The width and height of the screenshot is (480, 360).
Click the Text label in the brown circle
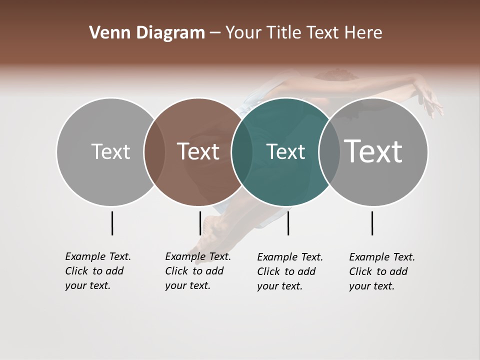pos(198,151)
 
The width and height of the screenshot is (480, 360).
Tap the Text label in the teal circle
pos(285,151)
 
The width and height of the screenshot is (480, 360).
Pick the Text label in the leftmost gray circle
pos(110,151)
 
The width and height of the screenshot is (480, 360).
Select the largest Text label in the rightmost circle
pos(373,151)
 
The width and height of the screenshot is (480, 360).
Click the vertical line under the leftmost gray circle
pos(112,223)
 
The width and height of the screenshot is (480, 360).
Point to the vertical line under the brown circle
pos(200,223)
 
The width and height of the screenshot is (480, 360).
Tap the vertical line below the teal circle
pos(288,223)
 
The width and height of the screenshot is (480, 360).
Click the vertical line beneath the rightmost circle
pos(372,223)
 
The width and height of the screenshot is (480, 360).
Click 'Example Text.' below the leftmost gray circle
pos(98,256)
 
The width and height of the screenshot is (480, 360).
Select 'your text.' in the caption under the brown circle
pos(187,285)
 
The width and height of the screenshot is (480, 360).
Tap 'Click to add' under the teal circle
pos(286,271)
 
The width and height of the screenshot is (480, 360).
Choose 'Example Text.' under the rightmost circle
pos(382,257)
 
